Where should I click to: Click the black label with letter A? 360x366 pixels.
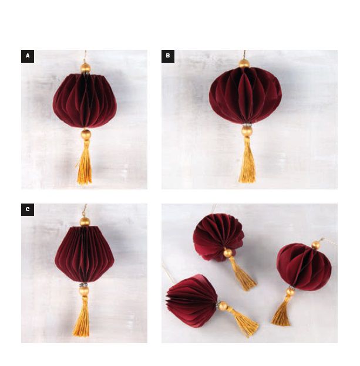point(28,56)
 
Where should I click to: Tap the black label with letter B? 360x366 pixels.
point(168,56)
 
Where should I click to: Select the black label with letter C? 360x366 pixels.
point(28,209)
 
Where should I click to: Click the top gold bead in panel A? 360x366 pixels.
point(85,68)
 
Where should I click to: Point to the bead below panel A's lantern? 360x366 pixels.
point(86,135)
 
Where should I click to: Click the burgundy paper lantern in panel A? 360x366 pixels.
point(85,101)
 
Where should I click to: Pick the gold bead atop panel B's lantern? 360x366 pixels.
point(244,64)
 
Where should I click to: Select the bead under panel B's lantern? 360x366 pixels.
point(247,131)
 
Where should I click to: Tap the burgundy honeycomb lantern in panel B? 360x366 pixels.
point(245,96)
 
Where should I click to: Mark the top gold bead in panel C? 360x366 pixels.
point(85,222)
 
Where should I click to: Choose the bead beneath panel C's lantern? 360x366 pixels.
point(84,290)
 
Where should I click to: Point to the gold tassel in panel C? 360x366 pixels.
point(82,316)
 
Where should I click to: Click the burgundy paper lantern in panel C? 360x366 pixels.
point(85,255)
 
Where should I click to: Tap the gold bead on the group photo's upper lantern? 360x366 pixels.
point(228,253)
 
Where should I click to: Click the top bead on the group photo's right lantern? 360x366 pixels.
point(316,245)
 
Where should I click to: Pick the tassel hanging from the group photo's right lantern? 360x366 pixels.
point(282,311)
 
